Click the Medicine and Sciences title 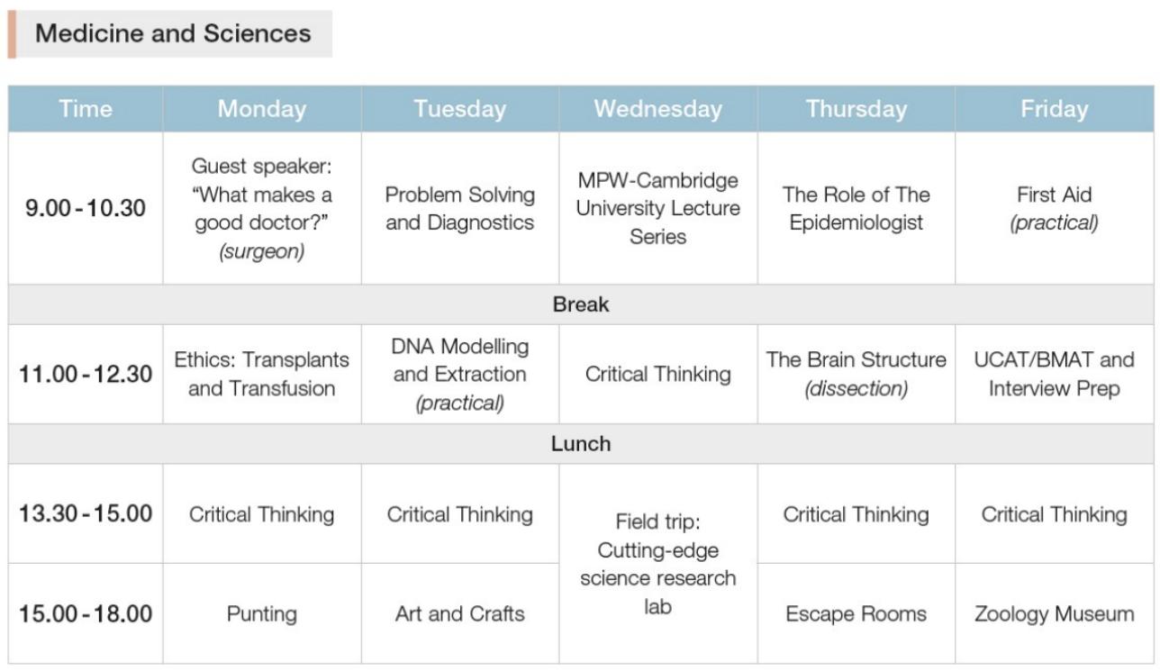click(173, 33)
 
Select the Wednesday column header click(657, 109)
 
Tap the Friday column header click(1055, 109)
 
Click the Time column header click(86, 109)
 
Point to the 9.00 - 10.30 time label click(86, 208)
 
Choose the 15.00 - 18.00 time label click(86, 614)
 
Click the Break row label click(581, 304)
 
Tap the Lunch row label click(581, 444)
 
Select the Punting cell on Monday click(261, 614)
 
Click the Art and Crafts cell click(460, 614)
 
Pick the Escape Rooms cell click(856, 614)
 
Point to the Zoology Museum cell click(1055, 614)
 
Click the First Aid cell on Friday click(1055, 209)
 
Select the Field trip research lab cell click(657, 564)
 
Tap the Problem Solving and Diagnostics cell click(460, 209)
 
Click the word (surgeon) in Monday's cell click(261, 251)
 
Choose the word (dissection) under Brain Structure click(856, 388)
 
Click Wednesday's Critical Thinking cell click(657, 374)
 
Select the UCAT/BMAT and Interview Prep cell click(1055, 374)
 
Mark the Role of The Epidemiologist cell click(856, 209)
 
